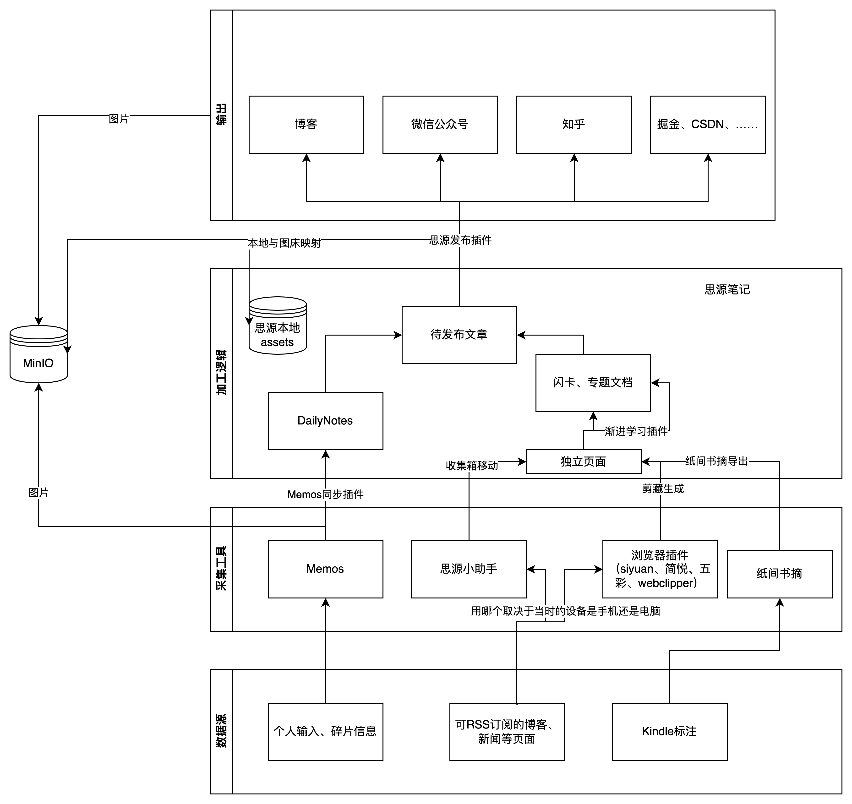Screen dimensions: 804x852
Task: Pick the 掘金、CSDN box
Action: [x=708, y=124]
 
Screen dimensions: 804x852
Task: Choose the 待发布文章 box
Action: [x=459, y=335]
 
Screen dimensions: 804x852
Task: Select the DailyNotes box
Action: [x=325, y=421]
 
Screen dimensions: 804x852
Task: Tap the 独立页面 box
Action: [x=583, y=462]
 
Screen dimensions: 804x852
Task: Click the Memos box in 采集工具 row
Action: [x=325, y=569]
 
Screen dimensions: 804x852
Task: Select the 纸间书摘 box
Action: [x=779, y=573]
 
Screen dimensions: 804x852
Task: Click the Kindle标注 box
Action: [x=669, y=731]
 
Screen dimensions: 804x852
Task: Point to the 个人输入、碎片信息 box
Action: [x=325, y=731]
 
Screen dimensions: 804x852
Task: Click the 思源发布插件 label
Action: [x=460, y=240]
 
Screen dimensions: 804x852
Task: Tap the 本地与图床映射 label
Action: [x=284, y=243]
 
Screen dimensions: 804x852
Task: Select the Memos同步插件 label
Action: [x=325, y=494]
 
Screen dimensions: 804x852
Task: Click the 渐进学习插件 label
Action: [x=636, y=431]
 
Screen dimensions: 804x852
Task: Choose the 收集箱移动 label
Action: [x=472, y=465]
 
